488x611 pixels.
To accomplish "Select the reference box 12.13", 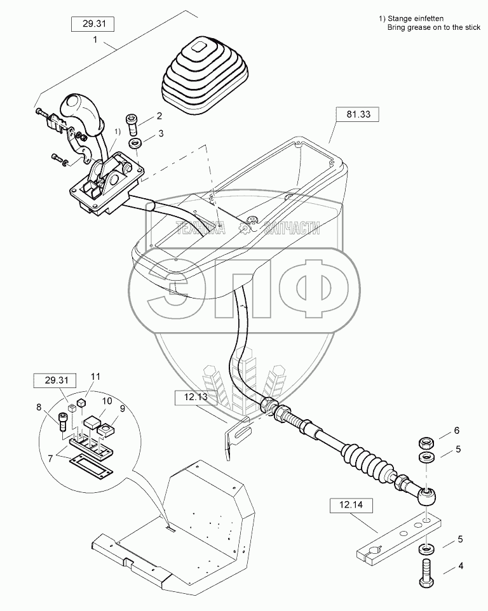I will click(x=197, y=398).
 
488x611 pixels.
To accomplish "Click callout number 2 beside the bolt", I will click(x=160, y=116).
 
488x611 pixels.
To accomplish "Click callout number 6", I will click(x=456, y=430).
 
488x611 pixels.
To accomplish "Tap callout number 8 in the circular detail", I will click(x=38, y=407).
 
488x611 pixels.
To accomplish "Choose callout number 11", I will click(x=95, y=377).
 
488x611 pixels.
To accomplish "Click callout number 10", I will click(x=107, y=401).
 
